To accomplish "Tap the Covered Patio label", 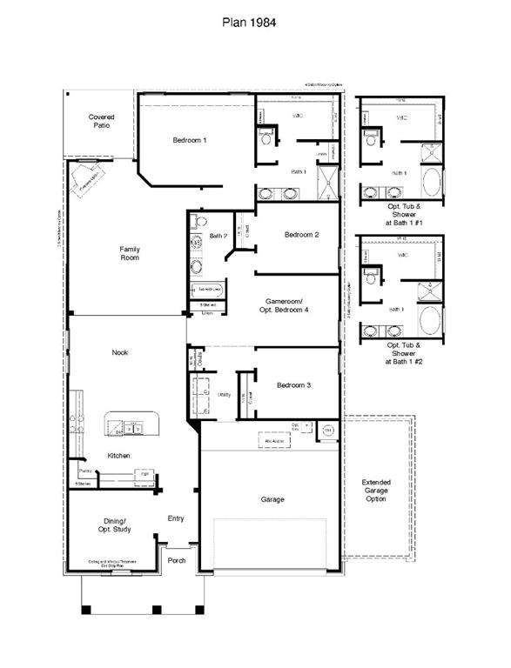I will click(x=102, y=122).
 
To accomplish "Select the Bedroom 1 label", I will click(x=189, y=140).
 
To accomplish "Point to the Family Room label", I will click(x=130, y=253).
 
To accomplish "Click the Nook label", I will click(x=120, y=352).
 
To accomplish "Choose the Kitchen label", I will click(x=119, y=455).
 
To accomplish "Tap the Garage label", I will click(x=272, y=499).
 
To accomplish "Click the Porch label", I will click(x=177, y=561).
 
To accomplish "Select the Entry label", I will click(x=176, y=518).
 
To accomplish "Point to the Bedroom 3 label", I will click(x=294, y=385).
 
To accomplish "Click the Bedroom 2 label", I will click(x=301, y=235).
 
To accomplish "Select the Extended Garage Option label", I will click(x=376, y=491).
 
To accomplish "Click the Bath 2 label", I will click(x=219, y=236).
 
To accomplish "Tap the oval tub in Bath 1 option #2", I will click(x=431, y=320).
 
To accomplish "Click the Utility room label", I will click(x=224, y=394).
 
